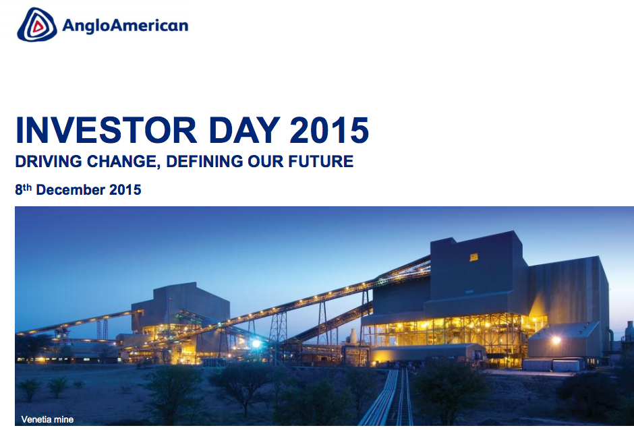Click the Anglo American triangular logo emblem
click(37, 25)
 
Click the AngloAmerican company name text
click(125, 26)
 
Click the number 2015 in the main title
click(329, 130)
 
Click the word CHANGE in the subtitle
click(121, 162)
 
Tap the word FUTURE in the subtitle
click(320, 161)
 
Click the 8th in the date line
click(24, 189)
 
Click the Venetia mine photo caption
click(47, 419)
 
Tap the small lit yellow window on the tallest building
click(473, 257)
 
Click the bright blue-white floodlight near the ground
click(256, 344)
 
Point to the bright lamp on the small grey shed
click(556, 340)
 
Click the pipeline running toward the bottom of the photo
click(388, 398)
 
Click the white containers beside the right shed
click(552, 365)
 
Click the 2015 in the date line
click(125, 189)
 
